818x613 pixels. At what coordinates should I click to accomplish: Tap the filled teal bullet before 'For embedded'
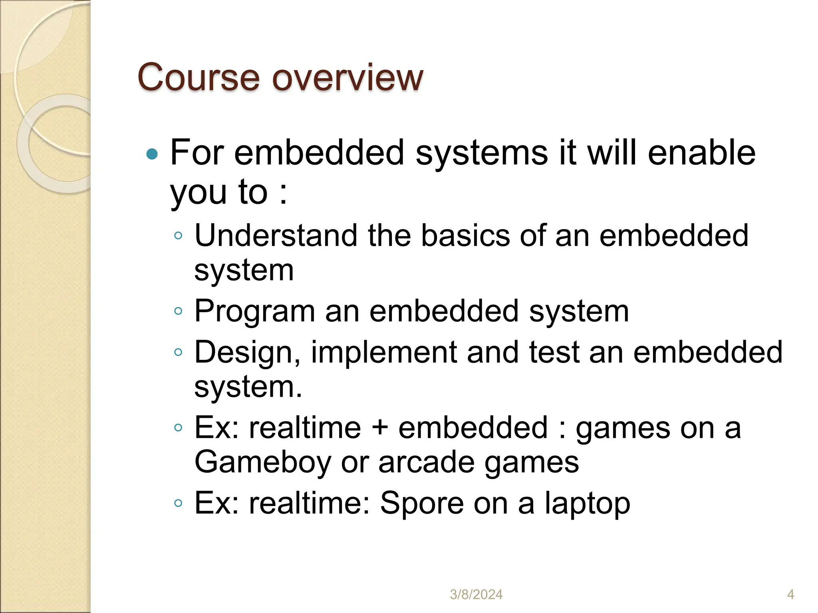152,154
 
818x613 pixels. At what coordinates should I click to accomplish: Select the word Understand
276,235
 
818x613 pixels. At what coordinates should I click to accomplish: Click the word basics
465,235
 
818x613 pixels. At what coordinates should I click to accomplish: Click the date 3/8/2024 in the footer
476,595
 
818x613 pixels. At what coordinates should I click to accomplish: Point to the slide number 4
790,595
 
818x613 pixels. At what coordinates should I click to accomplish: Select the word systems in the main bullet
482,153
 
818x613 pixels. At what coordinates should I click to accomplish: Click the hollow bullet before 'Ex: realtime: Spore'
178,503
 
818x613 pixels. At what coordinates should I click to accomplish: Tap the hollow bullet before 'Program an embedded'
178,310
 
